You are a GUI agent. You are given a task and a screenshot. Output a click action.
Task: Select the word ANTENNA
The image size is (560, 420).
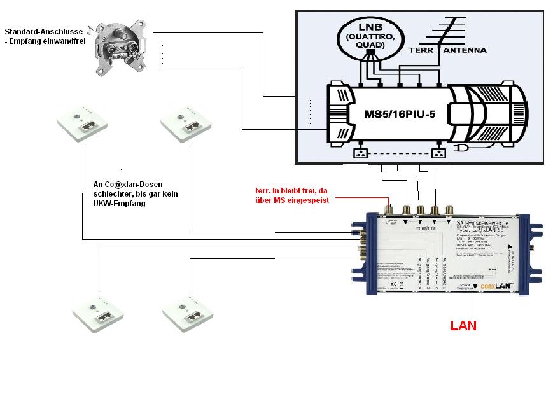pyautogui.click(x=465, y=50)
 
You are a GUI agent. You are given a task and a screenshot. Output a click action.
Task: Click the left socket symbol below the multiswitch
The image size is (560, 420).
pyautogui.click(x=361, y=153)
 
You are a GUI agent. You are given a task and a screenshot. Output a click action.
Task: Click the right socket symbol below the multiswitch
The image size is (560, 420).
pyautogui.click(x=437, y=153)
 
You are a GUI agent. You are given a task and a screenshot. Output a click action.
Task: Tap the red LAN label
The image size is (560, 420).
pyautogui.click(x=463, y=325)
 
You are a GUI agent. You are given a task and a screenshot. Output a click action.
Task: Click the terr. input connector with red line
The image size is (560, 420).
pyautogui.click(x=390, y=210)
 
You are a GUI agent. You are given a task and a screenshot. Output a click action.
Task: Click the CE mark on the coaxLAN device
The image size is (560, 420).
pyautogui.click(x=393, y=284)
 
